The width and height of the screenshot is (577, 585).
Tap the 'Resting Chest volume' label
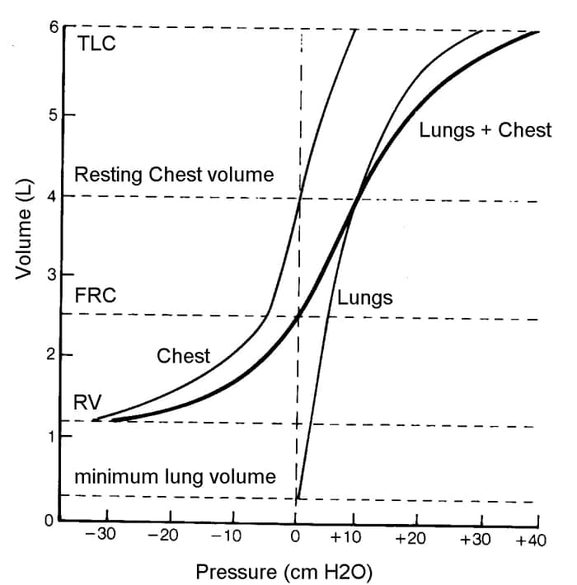pyautogui.click(x=174, y=175)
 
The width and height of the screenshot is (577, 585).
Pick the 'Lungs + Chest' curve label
pyautogui.click(x=486, y=130)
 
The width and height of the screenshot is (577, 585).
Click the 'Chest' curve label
pyautogui.click(x=183, y=356)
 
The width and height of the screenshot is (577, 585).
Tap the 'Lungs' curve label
pyautogui.click(x=364, y=297)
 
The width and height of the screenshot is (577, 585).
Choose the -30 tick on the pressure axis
pyautogui.click(x=101, y=536)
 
